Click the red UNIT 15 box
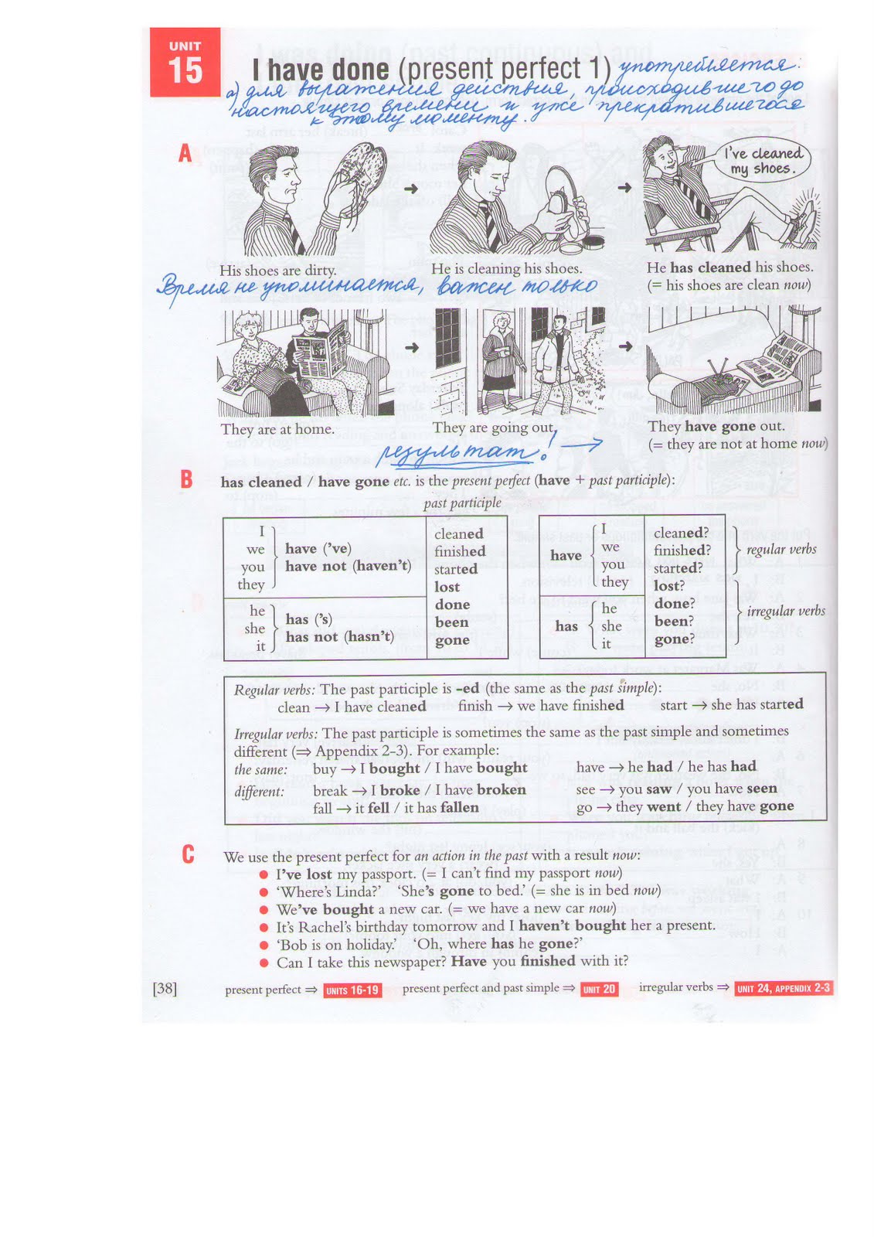(x=185, y=63)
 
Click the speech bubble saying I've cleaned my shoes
(x=762, y=161)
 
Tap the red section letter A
(x=185, y=153)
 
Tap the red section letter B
(x=186, y=479)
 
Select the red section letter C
(x=188, y=854)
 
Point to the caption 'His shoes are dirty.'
(x=277, y=271)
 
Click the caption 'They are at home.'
(x=277, y=429)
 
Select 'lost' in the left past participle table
(x=447, y=587)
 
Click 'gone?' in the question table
(x=674, y=639)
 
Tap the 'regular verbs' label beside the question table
(x=781, y=550)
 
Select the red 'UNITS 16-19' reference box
(x=352, y=990)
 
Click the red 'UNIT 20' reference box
(x=599, y=990)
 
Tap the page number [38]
(x=165, y=988)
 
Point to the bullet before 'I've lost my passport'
(x=264, y=874)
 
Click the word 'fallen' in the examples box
(x=459, y=807)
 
